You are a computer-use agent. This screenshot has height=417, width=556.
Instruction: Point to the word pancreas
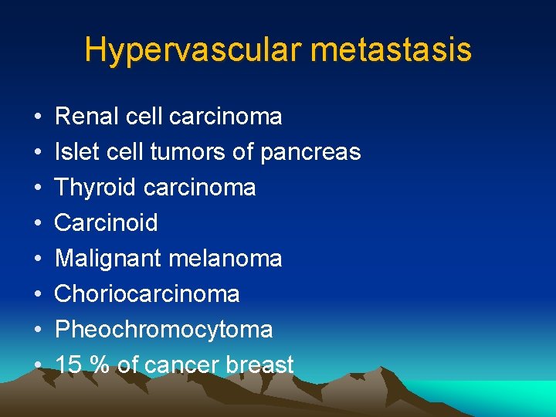pyautogui.click(x=310, y=153)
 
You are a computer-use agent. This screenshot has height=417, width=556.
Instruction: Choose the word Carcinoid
pyautogui.click(x=107, y=223)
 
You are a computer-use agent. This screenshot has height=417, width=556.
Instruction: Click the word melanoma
pyautogui.click(x=226, y=259)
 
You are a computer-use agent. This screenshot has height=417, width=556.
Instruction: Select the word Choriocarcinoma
pyautogui.click(x=147, y=294)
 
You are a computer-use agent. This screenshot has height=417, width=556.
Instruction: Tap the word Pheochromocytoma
pyautogui.click(x=164, y=330)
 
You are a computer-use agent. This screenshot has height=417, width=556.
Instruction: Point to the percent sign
pyautogui.click(x=100, y=365)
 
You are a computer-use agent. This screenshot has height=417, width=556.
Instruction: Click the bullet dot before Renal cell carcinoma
pyautogui.click(x=38, y=117)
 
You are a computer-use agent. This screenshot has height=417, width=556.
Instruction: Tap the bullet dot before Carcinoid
pyautogui.click(x=38, y=224)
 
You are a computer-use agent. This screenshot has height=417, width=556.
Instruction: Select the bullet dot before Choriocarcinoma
pyautogui.click(x=38, y=295)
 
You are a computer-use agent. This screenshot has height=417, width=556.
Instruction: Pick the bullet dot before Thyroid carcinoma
pyautogui.click(x=38, y=188)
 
